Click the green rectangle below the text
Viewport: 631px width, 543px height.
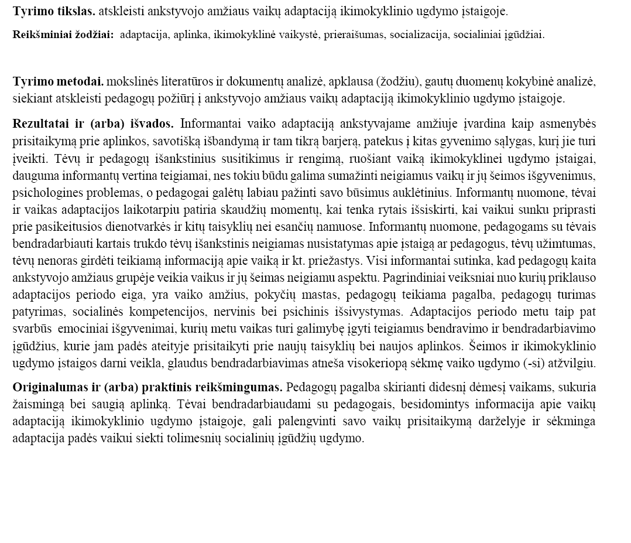(x=315, y=496)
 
